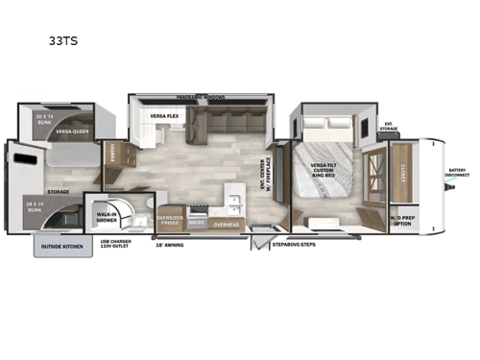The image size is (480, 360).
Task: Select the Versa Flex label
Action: (165, 116)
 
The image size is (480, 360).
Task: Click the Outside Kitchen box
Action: (63, 246)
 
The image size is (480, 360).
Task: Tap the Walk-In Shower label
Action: (107, 217)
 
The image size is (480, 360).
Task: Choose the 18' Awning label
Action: (170, 245)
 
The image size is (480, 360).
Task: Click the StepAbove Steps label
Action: (290, 245)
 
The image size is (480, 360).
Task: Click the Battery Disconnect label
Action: (457, 174)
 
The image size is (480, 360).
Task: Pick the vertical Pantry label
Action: (112, 154)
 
